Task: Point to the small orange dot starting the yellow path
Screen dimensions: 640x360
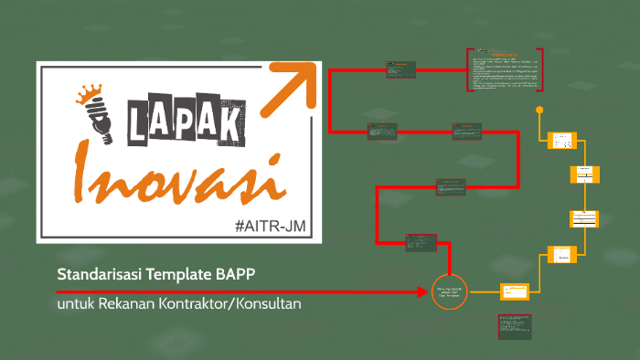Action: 539,111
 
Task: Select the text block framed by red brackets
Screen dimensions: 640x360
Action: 505,70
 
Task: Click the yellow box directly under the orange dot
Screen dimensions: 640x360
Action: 560,141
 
